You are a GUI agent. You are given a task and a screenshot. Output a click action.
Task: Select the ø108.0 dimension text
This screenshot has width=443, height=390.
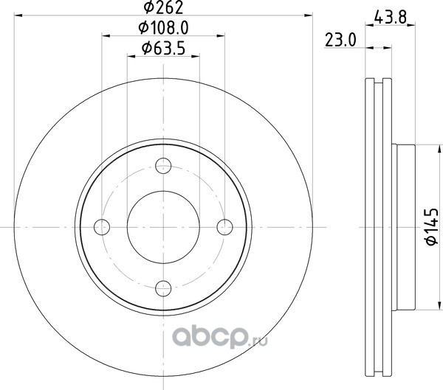coord(164,28)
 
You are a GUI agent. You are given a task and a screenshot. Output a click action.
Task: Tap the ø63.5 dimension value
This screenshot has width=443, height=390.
coord(164,48)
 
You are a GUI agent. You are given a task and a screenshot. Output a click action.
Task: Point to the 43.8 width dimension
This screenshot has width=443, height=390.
coord(390,18)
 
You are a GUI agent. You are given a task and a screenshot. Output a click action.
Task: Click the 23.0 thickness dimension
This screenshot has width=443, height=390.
coord(340,40)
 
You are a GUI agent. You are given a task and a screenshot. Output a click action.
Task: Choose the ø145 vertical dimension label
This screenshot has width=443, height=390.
coord(432,227)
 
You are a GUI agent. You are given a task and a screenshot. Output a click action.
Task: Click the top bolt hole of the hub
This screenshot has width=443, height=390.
coord(163,165)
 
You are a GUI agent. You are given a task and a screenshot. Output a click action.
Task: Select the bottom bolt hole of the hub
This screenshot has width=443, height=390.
coord(163,288)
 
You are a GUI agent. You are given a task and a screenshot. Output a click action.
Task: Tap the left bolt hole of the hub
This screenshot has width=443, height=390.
coord(102,227)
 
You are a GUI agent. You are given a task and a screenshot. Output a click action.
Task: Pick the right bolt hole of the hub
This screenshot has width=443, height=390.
coord(225,227)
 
